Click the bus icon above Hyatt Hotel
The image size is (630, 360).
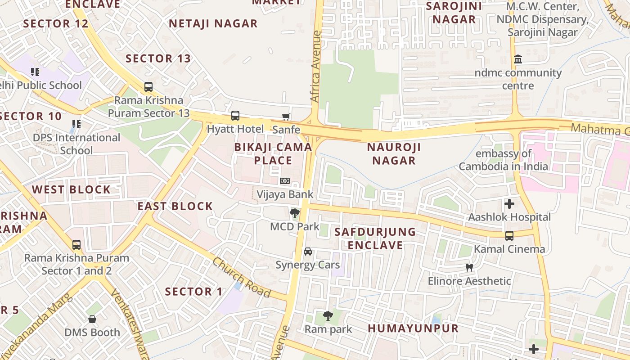click(x=235, y=116)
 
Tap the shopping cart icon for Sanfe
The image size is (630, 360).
click(x=286, y=117)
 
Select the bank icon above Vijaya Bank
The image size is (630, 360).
click(x=285, y=181)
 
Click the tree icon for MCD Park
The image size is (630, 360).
click(x=295, y=213)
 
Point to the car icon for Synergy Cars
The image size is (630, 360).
click(x=308, y=252)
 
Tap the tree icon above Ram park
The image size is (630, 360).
click(x=328, y=316)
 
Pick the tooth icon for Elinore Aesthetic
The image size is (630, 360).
click(x=469, y=268)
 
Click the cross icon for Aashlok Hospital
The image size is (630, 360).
click(x=509, y=204)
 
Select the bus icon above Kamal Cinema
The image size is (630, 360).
click(x=509, y=236)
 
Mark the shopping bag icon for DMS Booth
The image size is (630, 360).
click(x=92, y=319)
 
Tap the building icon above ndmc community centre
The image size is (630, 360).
click(x=518, y=59)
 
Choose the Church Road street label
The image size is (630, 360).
click(x=242, y=278)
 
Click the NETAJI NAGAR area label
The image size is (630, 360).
click(x=213, y=23)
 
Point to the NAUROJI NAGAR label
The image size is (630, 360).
click(x=394, y=153)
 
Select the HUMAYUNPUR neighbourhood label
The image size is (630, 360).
click(x=413, y=328)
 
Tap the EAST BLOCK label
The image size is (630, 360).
click(x=175, y=206)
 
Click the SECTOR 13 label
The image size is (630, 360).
click(x=158, y=58)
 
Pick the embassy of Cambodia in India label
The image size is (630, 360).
click(x=504, y=160)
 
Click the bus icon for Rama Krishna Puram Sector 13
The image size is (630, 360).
click(x=148, y=87)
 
